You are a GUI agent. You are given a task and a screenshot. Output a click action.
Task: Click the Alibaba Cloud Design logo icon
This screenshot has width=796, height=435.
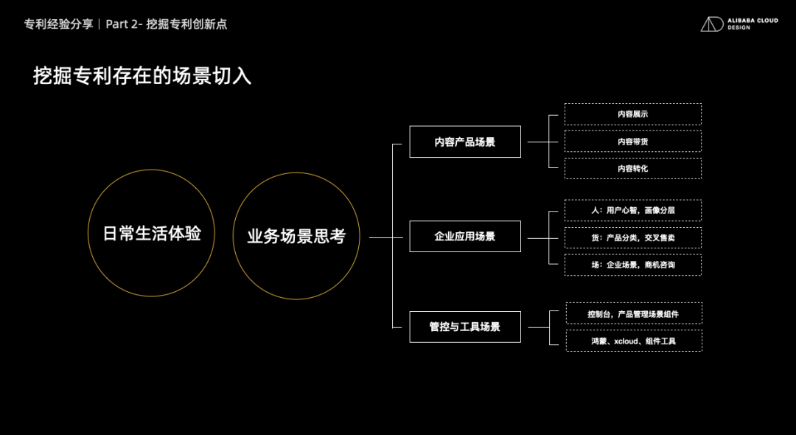(712, 24)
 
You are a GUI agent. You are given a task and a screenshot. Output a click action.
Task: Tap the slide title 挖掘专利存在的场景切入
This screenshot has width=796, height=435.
(142, 76)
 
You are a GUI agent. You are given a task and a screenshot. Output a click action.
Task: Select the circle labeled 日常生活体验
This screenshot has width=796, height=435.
(152, 234)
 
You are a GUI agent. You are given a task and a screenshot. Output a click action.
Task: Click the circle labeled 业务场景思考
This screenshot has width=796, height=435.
(296, 236)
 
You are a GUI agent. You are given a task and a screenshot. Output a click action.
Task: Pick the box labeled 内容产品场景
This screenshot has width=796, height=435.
(465, 142)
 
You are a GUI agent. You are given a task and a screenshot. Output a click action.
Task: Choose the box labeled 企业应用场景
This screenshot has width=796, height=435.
(465, 237)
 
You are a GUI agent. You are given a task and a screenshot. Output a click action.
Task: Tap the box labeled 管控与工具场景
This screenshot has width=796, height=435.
(465, 327)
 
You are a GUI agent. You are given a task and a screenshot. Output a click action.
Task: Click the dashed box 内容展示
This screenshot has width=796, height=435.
(633, 114)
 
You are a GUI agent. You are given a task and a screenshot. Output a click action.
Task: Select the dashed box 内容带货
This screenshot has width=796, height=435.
(633, 142)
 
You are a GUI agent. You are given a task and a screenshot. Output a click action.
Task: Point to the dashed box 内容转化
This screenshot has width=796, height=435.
(633, 168)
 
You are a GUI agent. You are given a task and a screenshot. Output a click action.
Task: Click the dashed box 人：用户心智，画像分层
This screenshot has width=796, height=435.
(633, 210)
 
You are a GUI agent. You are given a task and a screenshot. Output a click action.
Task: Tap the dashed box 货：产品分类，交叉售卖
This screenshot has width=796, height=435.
(633, 237)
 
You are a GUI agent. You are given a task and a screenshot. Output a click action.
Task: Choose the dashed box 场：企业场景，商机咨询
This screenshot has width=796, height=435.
(633, 265)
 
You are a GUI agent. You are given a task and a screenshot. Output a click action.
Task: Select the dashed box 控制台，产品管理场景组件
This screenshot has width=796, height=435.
(634, 313)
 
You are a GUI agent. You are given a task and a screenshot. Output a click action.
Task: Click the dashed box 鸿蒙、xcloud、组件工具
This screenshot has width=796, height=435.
(634, 341)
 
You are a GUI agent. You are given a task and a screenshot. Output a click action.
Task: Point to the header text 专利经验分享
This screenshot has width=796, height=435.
(58, 24)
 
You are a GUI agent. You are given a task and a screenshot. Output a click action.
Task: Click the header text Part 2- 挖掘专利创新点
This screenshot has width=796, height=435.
(167, 24)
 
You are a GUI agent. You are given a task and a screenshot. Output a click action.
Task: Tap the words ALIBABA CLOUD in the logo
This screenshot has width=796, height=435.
(753, 21)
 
